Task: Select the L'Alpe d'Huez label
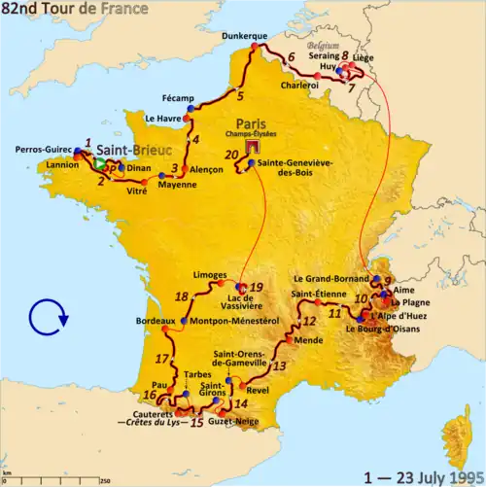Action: tap(399, 316)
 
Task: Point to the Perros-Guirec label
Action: tap(43, 150)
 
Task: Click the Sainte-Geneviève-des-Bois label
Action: tap(302, 170)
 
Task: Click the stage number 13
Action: tap(280, 365)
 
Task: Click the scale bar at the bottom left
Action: tap(58, 477)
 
